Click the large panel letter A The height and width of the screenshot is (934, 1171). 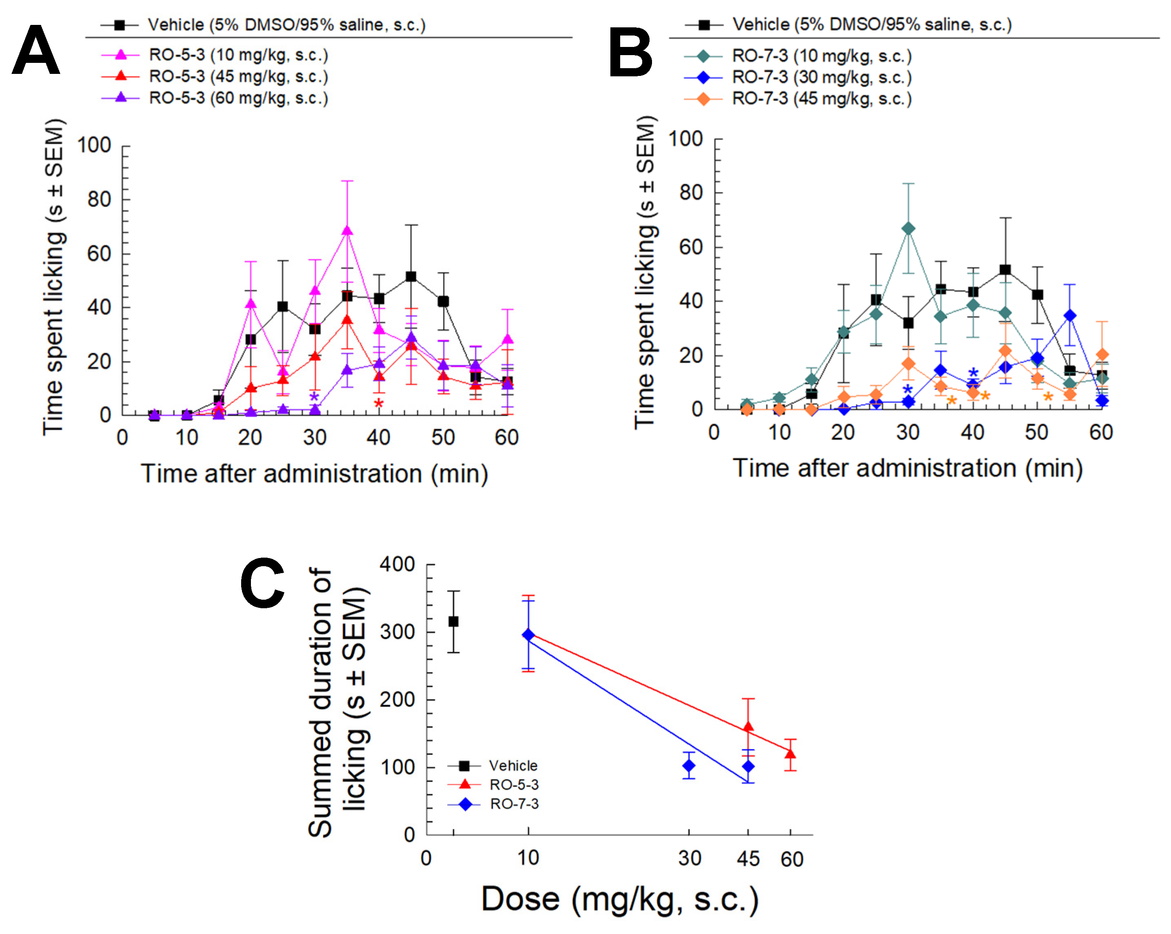pos(36,51)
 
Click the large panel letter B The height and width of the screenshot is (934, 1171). pos(630,53)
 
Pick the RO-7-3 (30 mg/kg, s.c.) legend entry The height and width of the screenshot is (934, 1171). pos(821,78)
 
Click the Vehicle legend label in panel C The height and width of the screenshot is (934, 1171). pos(513,765)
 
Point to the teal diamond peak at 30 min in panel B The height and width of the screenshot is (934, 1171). pos(907,229)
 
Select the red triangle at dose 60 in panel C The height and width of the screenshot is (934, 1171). pos(790,754)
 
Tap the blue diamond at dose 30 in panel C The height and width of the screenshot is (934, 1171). pos(689,765)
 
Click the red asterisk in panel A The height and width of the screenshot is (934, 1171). pos(379,404)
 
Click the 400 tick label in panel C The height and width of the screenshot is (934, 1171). pos(397,564)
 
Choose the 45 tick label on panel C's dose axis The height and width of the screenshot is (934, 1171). pos(748,859)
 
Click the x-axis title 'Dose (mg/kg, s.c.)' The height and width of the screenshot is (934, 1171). pos(620,899)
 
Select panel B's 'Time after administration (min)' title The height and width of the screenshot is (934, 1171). pos(907,468)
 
